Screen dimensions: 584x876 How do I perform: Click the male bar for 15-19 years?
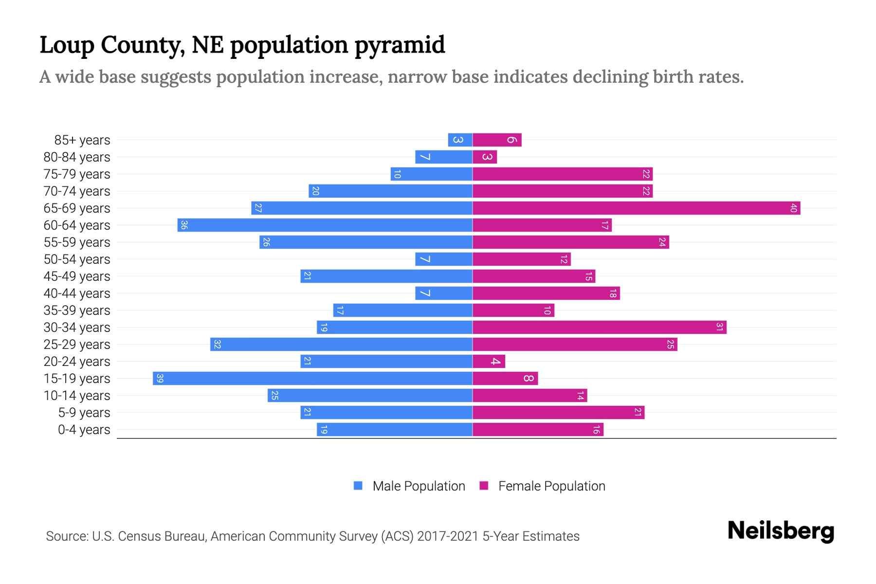[x=312, y=378]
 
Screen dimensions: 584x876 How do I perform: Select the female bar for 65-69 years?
[x=636, y=208]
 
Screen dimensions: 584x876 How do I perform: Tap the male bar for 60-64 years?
[x=325, y=225]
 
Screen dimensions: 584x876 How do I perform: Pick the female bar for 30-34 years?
[x=599, y=327]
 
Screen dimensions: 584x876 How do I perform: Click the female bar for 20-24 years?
[x=489, y=361]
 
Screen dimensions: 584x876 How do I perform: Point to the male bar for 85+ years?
[x=460, y=140]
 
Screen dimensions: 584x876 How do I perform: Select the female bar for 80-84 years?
[x=485, y=157]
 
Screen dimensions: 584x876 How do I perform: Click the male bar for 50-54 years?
[x=443, y=259]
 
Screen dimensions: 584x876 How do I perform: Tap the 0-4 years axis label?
[x=84, y=430]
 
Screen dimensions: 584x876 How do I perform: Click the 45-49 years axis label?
[x=77, y=276]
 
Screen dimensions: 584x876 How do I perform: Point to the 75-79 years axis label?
[x=77, y=174]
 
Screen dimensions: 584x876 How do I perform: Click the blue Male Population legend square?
[x=358, y=486]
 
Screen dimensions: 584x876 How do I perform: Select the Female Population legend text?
[x=551, y=486]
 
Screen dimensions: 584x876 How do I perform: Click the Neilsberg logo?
[x=781, y=531]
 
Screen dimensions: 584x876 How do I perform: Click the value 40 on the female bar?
[x=793, y=208]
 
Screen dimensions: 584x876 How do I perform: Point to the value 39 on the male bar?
[x=160, y=378]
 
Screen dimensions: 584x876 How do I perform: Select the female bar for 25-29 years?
[x=575, y=344]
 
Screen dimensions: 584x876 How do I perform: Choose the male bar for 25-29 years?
[x=341, y=344]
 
